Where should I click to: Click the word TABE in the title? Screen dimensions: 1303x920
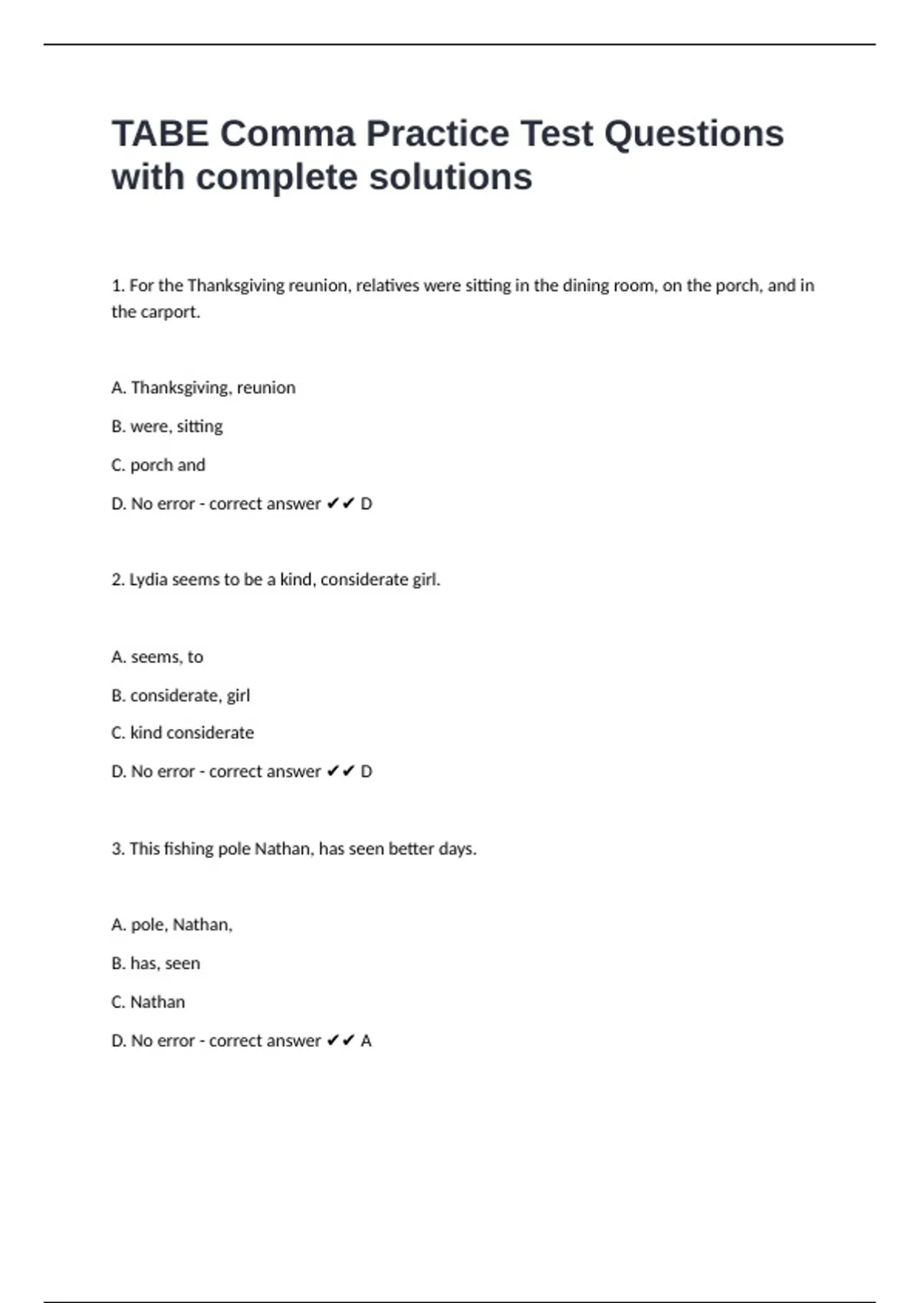(x=159, y=134)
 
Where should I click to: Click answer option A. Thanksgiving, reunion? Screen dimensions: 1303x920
(x=203, y=388)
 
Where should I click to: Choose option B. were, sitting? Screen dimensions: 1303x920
(x=167, y=426)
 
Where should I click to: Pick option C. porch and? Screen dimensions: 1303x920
(x=158, y=465)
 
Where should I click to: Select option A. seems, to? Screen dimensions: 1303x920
(x=157, y=657)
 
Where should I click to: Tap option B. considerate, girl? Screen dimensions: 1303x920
(x=180, y=695)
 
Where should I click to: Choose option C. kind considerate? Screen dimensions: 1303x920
(x=182, y=733)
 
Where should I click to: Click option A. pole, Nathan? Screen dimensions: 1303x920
(x=172, y=924)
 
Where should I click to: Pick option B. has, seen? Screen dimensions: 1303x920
(x=156, y=963)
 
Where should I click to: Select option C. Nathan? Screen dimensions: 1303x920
(x=148, y=1002)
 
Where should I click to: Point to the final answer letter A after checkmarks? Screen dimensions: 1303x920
(x=366, y=1041)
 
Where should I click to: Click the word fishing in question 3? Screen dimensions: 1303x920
(x=184, y=848)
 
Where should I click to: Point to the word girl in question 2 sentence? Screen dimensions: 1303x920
(x=426, y=579)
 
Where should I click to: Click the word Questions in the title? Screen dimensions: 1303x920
(x=694, y=134)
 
